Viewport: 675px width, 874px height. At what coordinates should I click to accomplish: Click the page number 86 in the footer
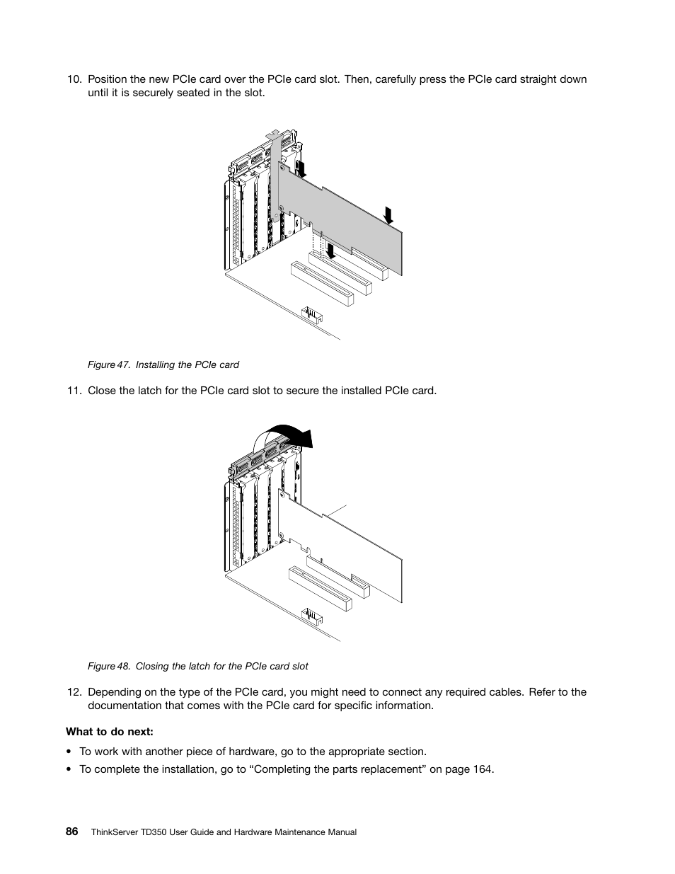72,832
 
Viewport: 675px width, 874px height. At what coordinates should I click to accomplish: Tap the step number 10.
74,79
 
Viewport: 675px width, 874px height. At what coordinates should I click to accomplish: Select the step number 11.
74,390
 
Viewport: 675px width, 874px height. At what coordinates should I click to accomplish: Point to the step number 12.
74,692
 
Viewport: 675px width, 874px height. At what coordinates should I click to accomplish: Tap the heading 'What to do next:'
110,732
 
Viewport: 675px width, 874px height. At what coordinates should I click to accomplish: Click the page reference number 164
483,769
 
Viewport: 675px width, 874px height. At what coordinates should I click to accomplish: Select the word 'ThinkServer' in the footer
116,832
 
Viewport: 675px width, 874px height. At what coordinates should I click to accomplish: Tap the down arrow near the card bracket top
301,168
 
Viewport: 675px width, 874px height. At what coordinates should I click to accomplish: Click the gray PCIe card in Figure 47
340,212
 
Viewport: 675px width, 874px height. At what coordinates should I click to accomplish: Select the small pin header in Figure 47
311,313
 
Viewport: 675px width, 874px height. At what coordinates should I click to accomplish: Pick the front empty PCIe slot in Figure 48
321,590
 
